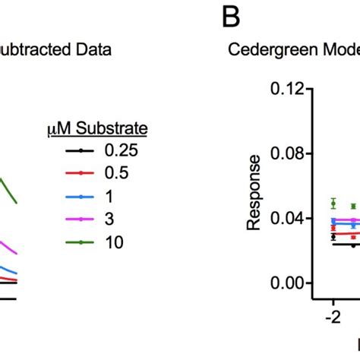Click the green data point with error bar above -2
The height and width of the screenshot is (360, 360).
(333, 203)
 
